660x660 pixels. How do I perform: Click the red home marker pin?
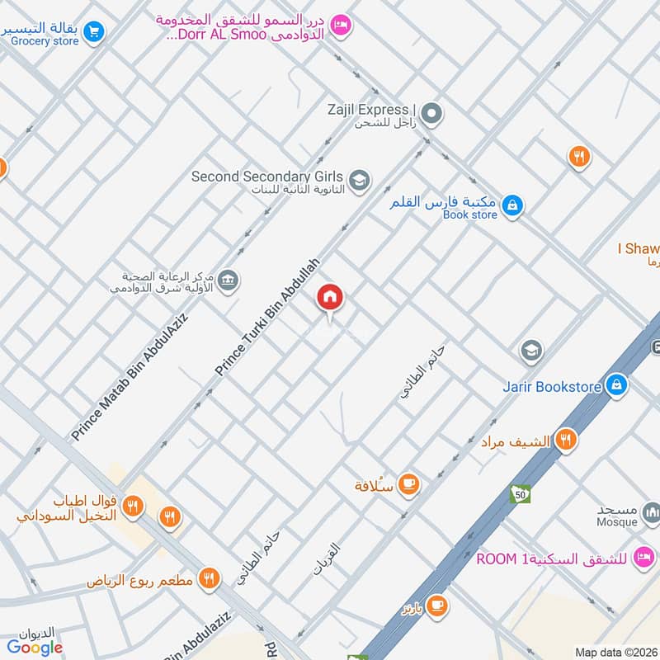click(x=330, y=298)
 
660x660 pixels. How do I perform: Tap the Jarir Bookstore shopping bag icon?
click(x=615, y=384)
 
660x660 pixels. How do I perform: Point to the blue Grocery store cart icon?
click(x=94, y=32)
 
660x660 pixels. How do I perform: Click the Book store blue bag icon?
click(x=512, y=205)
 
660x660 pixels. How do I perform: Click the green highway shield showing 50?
click(x=520, y=493)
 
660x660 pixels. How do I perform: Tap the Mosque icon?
click(x=652, y=516)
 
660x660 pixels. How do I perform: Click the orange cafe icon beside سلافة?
click(x=408, y=485)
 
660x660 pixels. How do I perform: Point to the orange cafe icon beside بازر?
click(x=437, y=606)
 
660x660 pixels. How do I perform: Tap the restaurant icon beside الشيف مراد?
click(x=565, y=440)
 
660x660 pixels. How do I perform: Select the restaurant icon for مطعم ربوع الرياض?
click(x=210, y=580)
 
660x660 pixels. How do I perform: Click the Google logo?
click(x=35, y=648)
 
